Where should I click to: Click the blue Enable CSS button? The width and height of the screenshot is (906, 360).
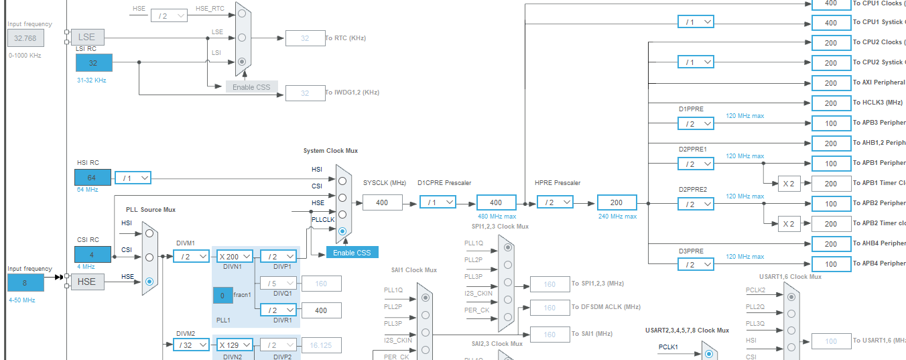point(352,252)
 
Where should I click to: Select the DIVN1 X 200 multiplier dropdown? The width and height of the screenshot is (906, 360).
point(235,255)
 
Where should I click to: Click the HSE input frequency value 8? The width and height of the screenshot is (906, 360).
point(25,282)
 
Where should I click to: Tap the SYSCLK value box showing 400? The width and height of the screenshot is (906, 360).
point(383,202)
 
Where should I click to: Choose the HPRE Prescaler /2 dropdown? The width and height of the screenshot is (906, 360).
point(555,202)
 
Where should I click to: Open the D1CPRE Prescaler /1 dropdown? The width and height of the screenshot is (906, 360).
point(438,202)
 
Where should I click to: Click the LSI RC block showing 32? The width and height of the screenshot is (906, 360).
point(94,63)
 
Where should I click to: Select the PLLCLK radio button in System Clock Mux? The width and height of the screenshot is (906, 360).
point(342,231)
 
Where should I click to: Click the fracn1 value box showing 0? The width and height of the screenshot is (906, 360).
point(222,295)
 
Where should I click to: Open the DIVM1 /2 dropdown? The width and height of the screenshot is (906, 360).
point(191,255)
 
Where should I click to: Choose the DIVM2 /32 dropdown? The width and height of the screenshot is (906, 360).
point(191,345)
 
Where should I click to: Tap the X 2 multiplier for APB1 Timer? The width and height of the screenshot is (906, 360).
point(789,183)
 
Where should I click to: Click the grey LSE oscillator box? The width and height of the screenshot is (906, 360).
point(87,37)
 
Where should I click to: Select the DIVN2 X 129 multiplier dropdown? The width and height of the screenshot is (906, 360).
point(235,345)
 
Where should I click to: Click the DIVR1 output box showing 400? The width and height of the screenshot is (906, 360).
point(321,310)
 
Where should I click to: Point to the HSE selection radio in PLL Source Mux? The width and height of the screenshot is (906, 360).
point(149,282)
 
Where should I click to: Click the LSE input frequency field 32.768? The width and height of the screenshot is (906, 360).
point(25,38)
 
